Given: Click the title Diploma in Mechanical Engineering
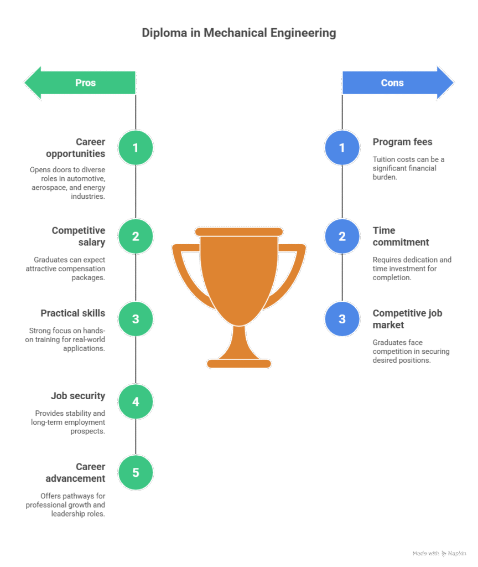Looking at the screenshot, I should [x=238, y=33].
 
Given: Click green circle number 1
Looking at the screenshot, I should [x=136, y=147].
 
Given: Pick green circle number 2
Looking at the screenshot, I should [x=136, y=236].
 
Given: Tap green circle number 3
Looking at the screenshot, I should [x=136, y=319].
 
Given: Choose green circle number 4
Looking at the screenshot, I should [x=136, y=401].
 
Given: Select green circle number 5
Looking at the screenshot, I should [x=136, y=472].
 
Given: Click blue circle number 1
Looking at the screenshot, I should [x=342, y=147].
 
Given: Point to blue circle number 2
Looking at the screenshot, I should [x=342, y=236].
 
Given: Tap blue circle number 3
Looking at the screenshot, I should [x=342, y=319].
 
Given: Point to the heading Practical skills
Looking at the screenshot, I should [x=72, y=313].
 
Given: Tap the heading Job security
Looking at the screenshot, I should [x=78, y=396].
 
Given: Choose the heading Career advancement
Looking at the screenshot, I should [x=83, y=472].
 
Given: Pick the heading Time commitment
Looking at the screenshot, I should [x=401, y=236].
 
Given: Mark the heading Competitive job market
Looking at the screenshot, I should [x=407, y=319].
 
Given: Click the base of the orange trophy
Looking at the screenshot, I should [x=239, y=363].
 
